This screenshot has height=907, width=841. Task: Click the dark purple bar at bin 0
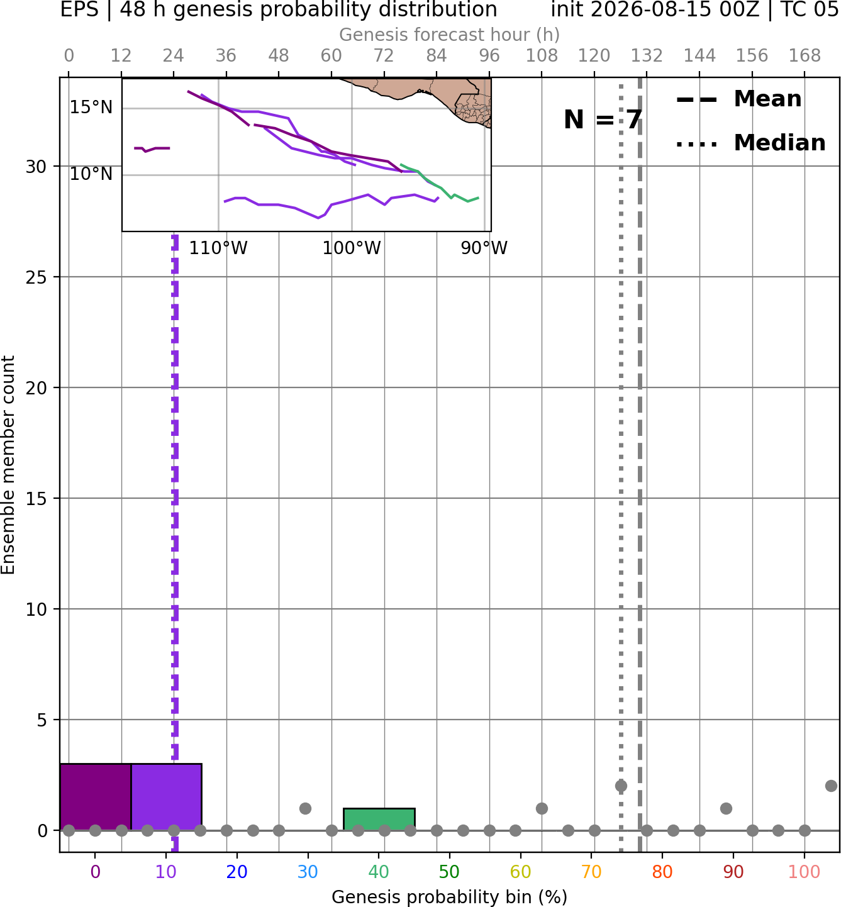tap(96, 797)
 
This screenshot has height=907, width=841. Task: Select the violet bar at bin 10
tap(166, 797)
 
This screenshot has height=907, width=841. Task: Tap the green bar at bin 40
tap(379, 820)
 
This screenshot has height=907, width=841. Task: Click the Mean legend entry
tap(738, 99)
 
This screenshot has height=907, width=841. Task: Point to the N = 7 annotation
tap(603, 120)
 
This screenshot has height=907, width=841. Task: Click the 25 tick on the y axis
tap(36, 277)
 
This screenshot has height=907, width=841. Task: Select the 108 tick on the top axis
tap(542, 56)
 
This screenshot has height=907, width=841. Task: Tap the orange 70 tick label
tap(591, 872)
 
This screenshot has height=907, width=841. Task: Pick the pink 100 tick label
tap(805, 872)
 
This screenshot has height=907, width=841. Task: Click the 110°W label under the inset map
tap(218, 248)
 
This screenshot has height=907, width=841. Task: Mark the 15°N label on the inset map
tap(91, 108)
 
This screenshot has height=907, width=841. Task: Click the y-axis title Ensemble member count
tap(8, 465)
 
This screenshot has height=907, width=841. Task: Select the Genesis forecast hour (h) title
tap(450, 35)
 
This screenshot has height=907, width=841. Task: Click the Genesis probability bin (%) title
tap(450, 897)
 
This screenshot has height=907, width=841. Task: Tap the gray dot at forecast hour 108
tap(542, 808)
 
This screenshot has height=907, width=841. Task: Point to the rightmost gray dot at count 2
tap(831, 786)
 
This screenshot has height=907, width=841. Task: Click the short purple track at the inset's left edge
tap(152, 149)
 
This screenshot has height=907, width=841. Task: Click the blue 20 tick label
tap(237, 872)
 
